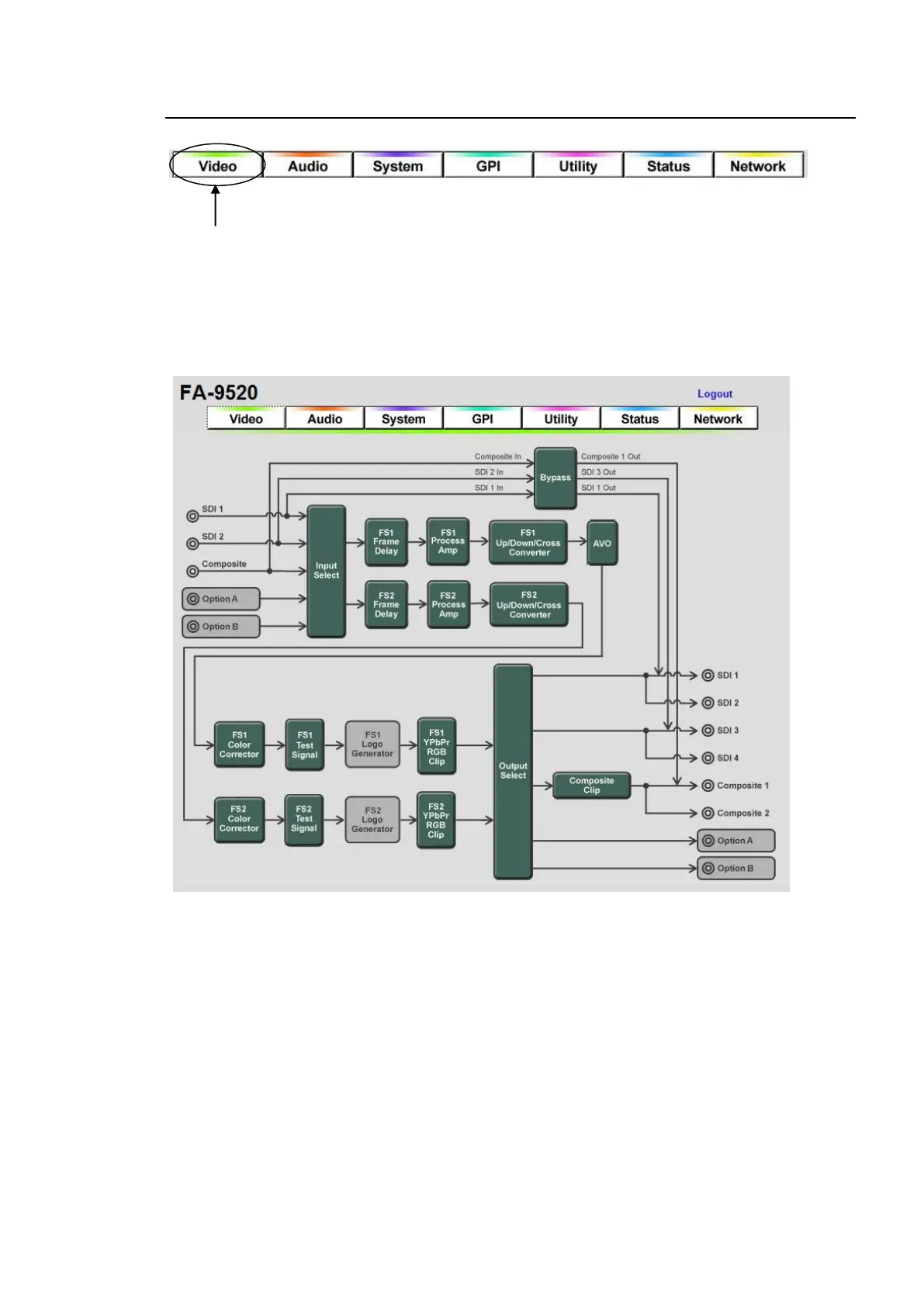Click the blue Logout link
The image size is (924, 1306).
tap(714, 394)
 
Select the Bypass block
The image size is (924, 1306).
tap(555, 478)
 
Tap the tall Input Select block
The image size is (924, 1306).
tap(326, 571)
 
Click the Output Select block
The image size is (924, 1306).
tap(513, 771)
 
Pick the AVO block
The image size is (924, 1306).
tap(602, 543)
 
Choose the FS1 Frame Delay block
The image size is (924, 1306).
tap(386, 542)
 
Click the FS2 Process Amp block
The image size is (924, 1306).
tap(448, 605)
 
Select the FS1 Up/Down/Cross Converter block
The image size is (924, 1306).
tap(528, 543)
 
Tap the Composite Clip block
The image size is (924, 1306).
tap(591, 786)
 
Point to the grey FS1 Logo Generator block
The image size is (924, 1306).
tap(372, 745)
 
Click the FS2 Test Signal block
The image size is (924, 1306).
tap(303, 820)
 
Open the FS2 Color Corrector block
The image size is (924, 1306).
tap(239, 820)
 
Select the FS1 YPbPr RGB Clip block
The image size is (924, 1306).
tap(436, 746)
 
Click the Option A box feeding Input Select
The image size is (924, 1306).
tap(221, 599)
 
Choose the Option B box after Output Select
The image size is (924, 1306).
tap(735, 869)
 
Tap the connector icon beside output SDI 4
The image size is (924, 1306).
tap(708, 758)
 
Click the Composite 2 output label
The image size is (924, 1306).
tap(742, 814)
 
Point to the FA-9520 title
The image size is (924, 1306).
tap(219, 393)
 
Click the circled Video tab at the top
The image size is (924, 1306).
tap(217, 166)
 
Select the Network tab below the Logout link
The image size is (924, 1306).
tap(718, 419)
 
